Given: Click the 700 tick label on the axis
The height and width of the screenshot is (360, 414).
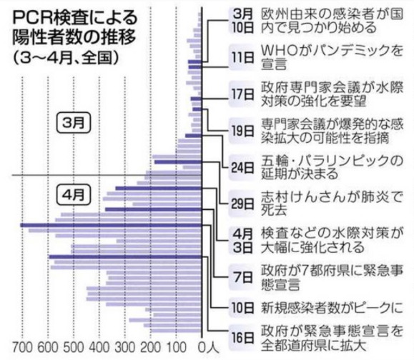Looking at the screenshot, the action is point(23,347).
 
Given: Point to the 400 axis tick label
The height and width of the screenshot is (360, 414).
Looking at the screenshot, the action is point(99,347).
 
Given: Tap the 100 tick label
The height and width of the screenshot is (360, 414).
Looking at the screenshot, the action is point(177,347).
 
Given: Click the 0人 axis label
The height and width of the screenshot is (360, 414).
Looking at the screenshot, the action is point(209,347).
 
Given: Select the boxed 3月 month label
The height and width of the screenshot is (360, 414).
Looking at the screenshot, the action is point(74,123).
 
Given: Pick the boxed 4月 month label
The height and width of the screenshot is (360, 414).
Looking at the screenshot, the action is point(74,195).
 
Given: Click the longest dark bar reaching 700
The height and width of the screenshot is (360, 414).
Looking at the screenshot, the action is point(111,225).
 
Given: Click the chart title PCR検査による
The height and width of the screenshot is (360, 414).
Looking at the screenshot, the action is point(75,18).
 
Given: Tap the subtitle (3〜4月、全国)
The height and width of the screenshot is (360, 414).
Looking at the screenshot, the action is point(66,58).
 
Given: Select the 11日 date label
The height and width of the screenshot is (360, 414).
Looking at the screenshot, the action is point(242,57).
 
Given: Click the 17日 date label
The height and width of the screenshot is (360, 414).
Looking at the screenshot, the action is point(242,94).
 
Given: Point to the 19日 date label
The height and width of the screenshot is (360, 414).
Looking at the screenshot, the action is point(242,131).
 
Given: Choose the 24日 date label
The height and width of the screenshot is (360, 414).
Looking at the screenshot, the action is point(242,167).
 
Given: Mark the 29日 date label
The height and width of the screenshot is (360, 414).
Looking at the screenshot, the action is point(242,204).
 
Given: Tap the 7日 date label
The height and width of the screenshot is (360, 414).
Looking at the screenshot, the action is point(243,277).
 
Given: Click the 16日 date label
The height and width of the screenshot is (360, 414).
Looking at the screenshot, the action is point(242,338).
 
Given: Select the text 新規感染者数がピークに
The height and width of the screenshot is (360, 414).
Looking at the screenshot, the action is point(332,308).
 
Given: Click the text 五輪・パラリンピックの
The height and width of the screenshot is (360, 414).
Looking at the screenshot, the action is point(332,161).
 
